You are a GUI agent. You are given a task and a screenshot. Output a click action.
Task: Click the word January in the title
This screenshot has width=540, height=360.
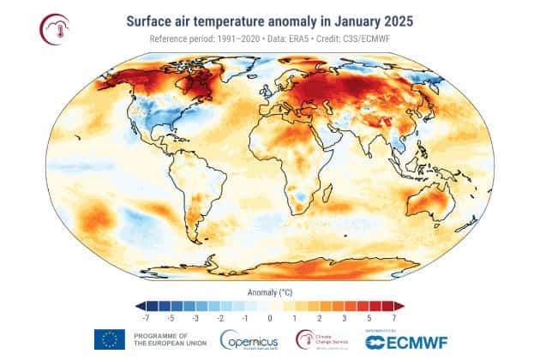click(338, 19)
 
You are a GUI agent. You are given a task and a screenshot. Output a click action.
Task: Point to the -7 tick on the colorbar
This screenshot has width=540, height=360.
click(151, 317)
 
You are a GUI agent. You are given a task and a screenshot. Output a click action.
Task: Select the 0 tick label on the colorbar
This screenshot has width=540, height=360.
click(270, 317)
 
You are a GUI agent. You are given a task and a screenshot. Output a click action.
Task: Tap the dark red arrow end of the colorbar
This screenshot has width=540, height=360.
click(399, 304)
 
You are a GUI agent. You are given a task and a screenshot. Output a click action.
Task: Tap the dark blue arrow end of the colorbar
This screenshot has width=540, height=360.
click(141, 304)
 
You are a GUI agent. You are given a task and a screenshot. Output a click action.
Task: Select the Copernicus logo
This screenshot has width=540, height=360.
click(249, 340)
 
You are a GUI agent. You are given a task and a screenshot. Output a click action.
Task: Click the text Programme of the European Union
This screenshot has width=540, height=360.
click(167, 340)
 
